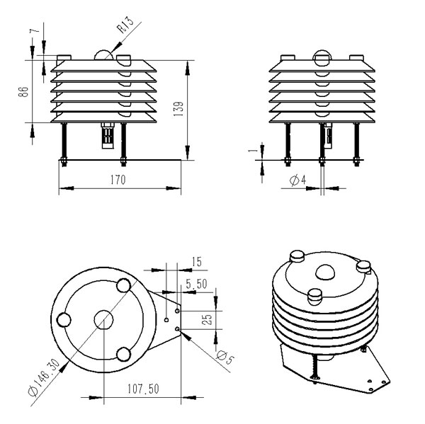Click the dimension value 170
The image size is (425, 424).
(118, 180)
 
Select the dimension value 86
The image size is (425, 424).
(25, 92)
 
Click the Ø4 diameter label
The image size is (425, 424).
(297, 181)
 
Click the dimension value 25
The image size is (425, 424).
(208, 319)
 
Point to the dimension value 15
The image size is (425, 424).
(196, 262)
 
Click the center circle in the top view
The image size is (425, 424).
(104, 319)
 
